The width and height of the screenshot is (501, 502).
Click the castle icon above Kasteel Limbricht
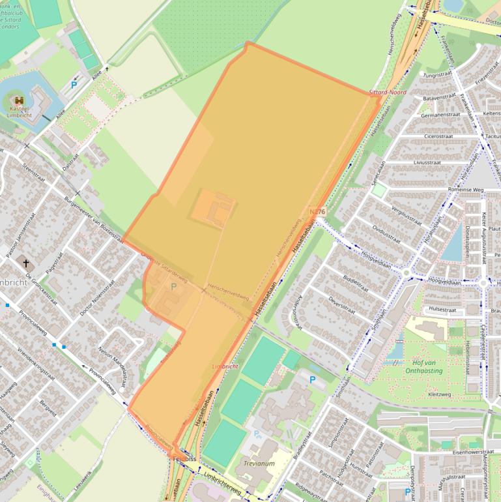[x=17, y=100]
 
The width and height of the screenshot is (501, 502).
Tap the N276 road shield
[x=317, y=212]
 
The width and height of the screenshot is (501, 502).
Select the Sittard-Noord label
[x=387, y=93]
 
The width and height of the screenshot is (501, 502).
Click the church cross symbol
[x=27, y=264]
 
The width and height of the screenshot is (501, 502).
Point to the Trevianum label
[x=260, y=464]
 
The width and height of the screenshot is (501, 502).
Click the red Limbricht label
[x=225, y=367]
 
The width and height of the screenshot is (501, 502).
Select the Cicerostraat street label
[x=438, y=136]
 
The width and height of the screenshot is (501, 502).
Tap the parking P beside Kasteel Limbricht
[x=74, y=85]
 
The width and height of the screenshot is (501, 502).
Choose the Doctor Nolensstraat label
[x=92, y=306]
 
